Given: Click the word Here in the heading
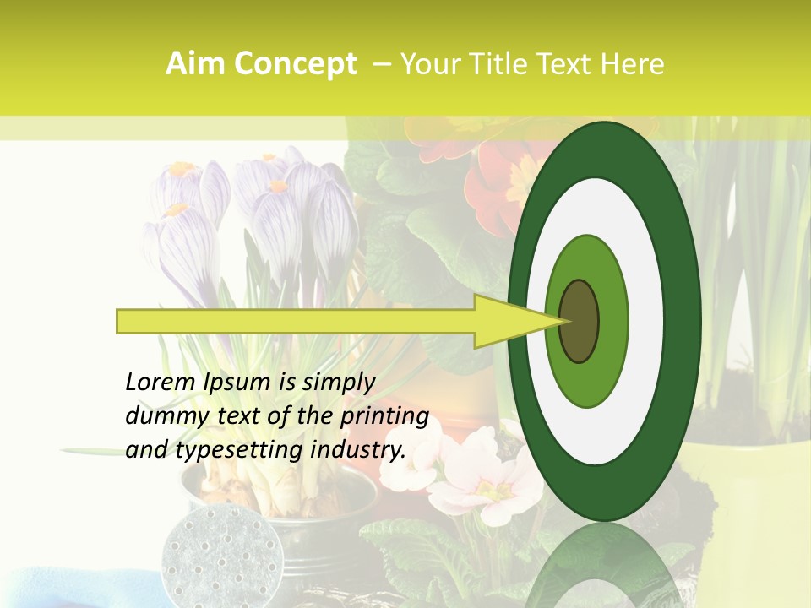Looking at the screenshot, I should [633, 64].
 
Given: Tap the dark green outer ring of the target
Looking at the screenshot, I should [684, 321].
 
